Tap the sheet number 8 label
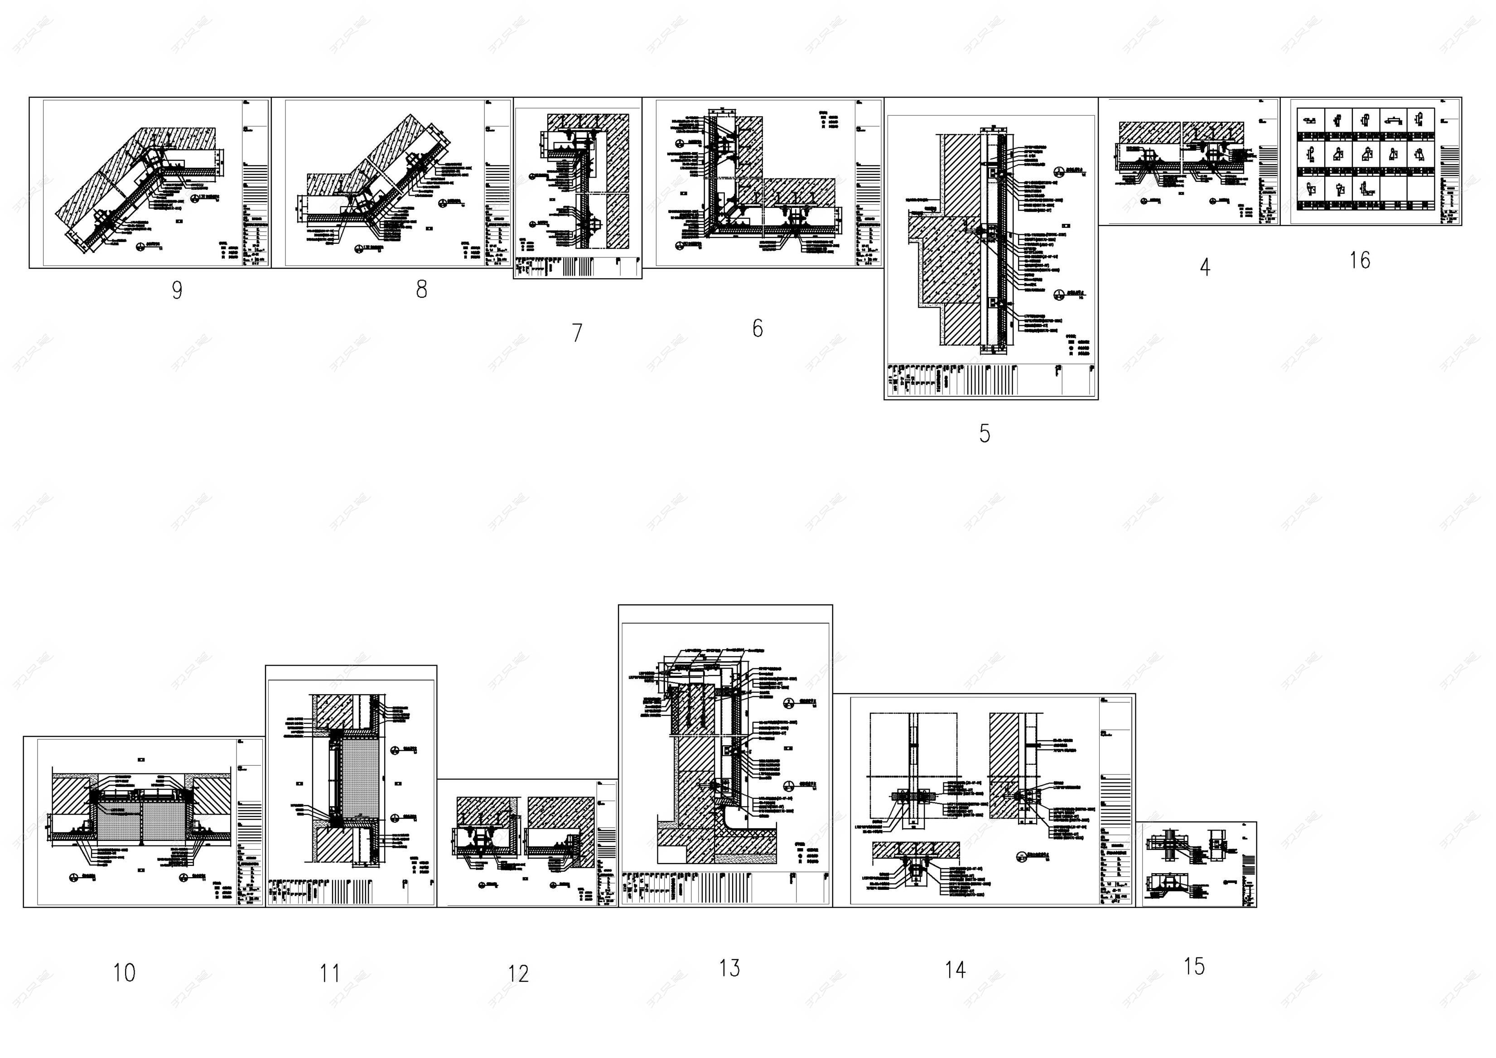(x=421, y=289)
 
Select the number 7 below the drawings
(x=577, y=333)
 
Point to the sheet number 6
(x=757, y=329)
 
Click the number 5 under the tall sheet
(x=984, y=433)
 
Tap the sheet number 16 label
(x=1359, y=261)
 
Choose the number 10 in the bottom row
(x=124, y=973)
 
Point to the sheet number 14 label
(x=955, y=970)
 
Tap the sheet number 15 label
(x=1194, y=966)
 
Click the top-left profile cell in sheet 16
(x=1310, y=120)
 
